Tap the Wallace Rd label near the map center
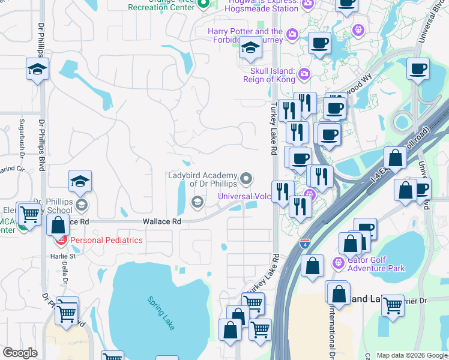pyautogui.click(x=161, y=221)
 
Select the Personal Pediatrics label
pyautogui.click(x=106, y=240)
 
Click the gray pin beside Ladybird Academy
pyautogui.click(x=246, y=178)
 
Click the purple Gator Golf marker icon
pyautogui.click(x=338, y=262)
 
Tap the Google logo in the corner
pyautogui.click(x=20, y=353)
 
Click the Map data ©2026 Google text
pyautogui.click(x=412, y=355)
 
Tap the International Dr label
pyautogui.click(x=331, y=329)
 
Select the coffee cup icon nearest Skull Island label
pyautogui.click(x=319, y=43)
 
